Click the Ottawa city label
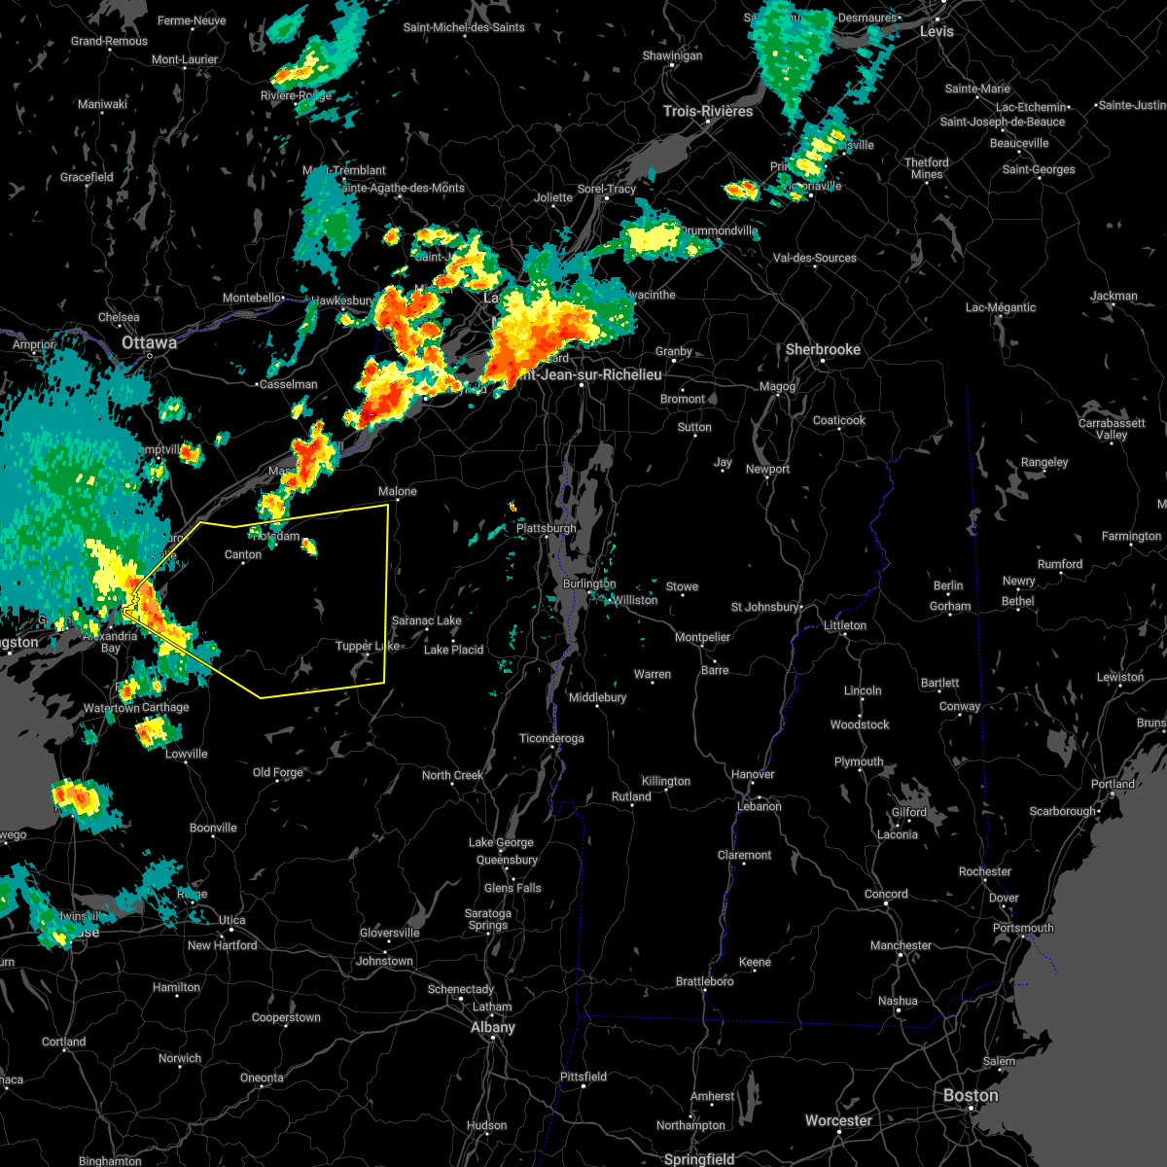pyautogui.click(x=149, y=343)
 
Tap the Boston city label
pyautogui.click(x=970, y=1096)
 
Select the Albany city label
pyautogui.click(x=492, y=1027)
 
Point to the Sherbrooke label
pyautogui.click(x=823, y=349)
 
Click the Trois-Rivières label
pyautogui.click(x=708, y=111)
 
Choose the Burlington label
pyautogui.click(x=589, y=583)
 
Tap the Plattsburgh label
pyautogui.click(x=547, y=528)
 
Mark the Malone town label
pyautogui.click(x=397, y=491)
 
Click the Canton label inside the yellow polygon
pyautogui.click(x=243, y=554)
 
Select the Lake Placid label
pyautogui.click(x=453, y=650)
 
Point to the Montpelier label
pyautogui.click(x=702, y=637)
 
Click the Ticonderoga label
pyautogui.click(x=551, y=738)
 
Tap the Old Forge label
pyautogui.click(x=278, y=772)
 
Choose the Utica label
pyautogui.click(x=231, y=920)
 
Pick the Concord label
pyautogui.click(x=886, y=894)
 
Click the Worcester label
pyautogui.click(x=838, y=1120)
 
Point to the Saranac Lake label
pyautogui.click(x=426, y=620)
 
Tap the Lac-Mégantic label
pyautogui.click(x=1001, y=307)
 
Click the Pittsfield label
pyautogui.click(x=583, y=1077)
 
